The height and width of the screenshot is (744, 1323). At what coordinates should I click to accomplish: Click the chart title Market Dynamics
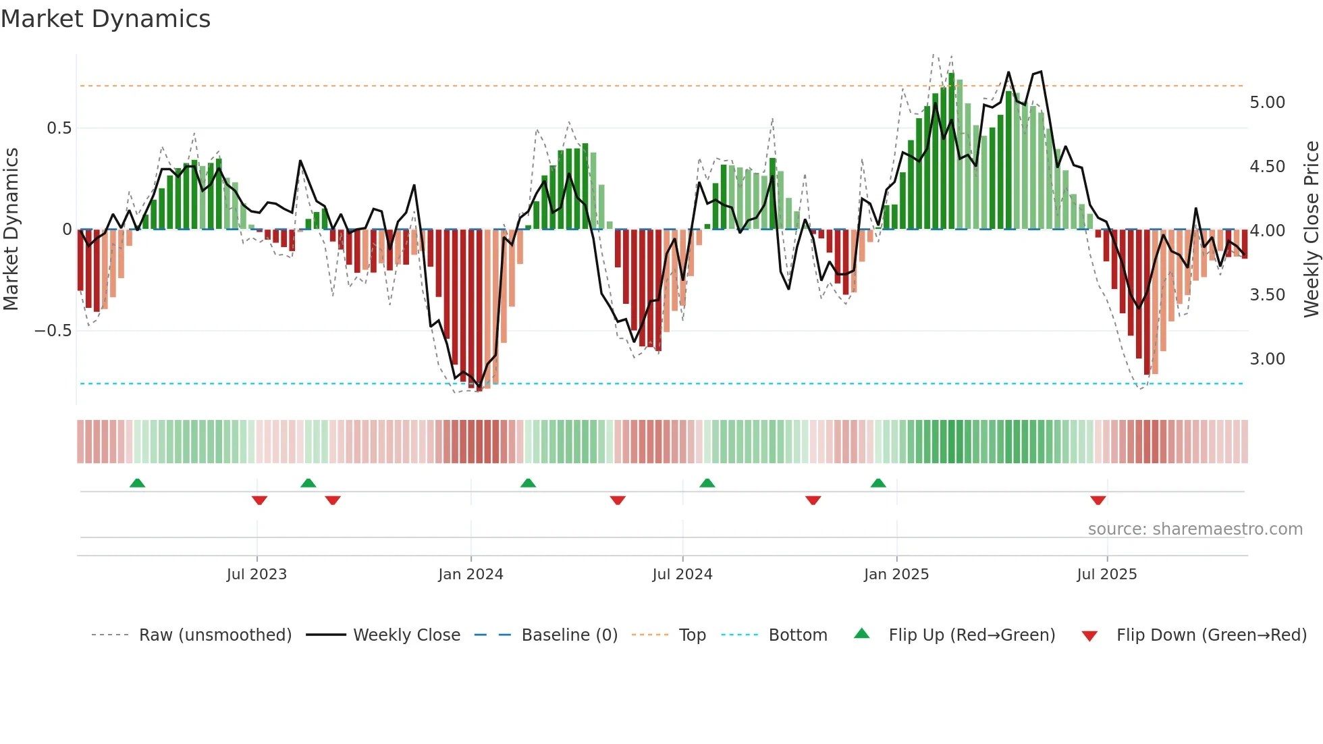tap(106, 19)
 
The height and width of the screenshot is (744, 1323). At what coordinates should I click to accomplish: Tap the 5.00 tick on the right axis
tap(1267, 102)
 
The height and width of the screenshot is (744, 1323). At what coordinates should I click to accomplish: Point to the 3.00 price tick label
tap(1267, 358)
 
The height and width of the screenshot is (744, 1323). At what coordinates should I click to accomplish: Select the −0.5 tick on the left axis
tap(53, 330)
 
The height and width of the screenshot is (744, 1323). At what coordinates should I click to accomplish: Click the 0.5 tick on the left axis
tap(59, 128)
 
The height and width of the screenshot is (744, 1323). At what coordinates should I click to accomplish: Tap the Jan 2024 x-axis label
tap(470, 574)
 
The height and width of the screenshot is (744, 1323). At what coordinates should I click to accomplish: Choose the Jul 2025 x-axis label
tap(1106, 574)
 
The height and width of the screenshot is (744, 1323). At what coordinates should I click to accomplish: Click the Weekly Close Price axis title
tap(1311, 229)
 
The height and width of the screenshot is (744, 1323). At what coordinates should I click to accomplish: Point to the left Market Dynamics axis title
tap(11, 229)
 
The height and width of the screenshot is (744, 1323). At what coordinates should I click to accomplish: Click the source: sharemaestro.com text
tap(1195, 529)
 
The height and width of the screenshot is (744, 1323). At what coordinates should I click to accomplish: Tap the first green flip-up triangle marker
tap(137, 483)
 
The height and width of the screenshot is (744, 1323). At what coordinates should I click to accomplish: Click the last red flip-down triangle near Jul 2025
tap(1098, 500)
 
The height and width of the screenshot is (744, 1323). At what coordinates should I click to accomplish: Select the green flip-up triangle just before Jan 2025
tap(878, 483)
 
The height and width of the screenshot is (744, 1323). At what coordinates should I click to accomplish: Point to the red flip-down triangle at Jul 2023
tap(259, 500)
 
